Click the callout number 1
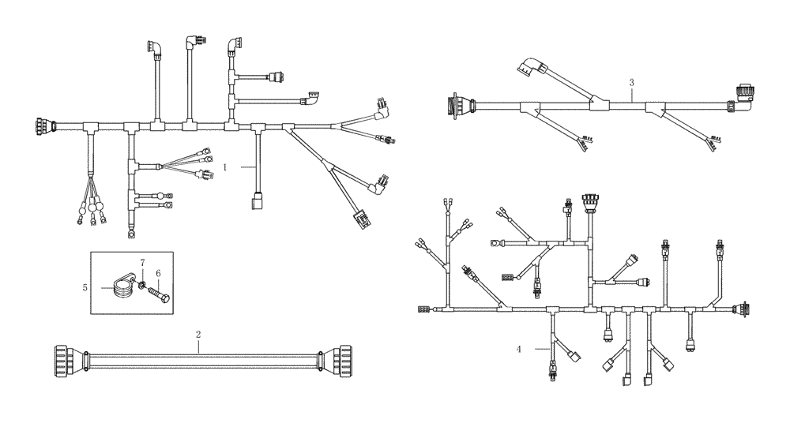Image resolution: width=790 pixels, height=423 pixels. click(x=225, y=167)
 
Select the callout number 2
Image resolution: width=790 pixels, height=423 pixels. click(x=198, y=334)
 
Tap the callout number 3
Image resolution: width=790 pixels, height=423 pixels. click(x=631, y=82)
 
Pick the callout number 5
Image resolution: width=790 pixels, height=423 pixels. click(x=85, y=288)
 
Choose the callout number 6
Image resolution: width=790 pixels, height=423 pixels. click(x=158, y=273)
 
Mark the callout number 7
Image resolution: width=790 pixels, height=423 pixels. click(x=142, y=261)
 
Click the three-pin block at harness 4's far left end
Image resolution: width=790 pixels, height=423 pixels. click(x=423, y=309)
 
